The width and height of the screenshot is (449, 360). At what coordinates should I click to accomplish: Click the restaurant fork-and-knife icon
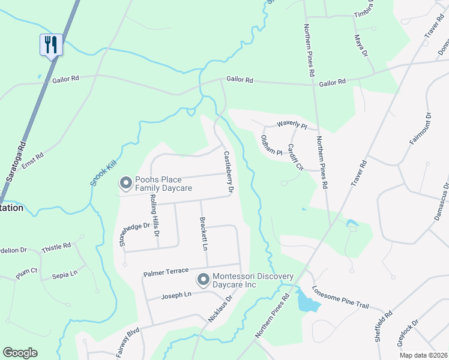pos(51,44)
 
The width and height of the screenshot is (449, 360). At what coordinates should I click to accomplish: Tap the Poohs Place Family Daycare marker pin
pos(125,182)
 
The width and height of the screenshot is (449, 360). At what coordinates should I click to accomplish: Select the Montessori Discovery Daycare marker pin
pos(203,279)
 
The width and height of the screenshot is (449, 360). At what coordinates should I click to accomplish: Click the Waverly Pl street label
pos(292,125)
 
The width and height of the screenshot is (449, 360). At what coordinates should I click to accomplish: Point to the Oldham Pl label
pos(271,145)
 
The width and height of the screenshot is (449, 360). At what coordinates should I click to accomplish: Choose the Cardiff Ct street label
pos(295,157)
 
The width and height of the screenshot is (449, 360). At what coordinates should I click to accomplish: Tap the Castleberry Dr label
pos(228,172)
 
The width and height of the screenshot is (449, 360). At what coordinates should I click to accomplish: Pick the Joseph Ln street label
pos(176,295)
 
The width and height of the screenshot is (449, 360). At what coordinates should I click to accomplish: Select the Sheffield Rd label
pos(383,325)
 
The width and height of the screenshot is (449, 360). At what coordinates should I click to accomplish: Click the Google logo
pos(20,353)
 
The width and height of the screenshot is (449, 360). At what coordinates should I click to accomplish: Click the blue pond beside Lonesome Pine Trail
pos(309,305)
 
